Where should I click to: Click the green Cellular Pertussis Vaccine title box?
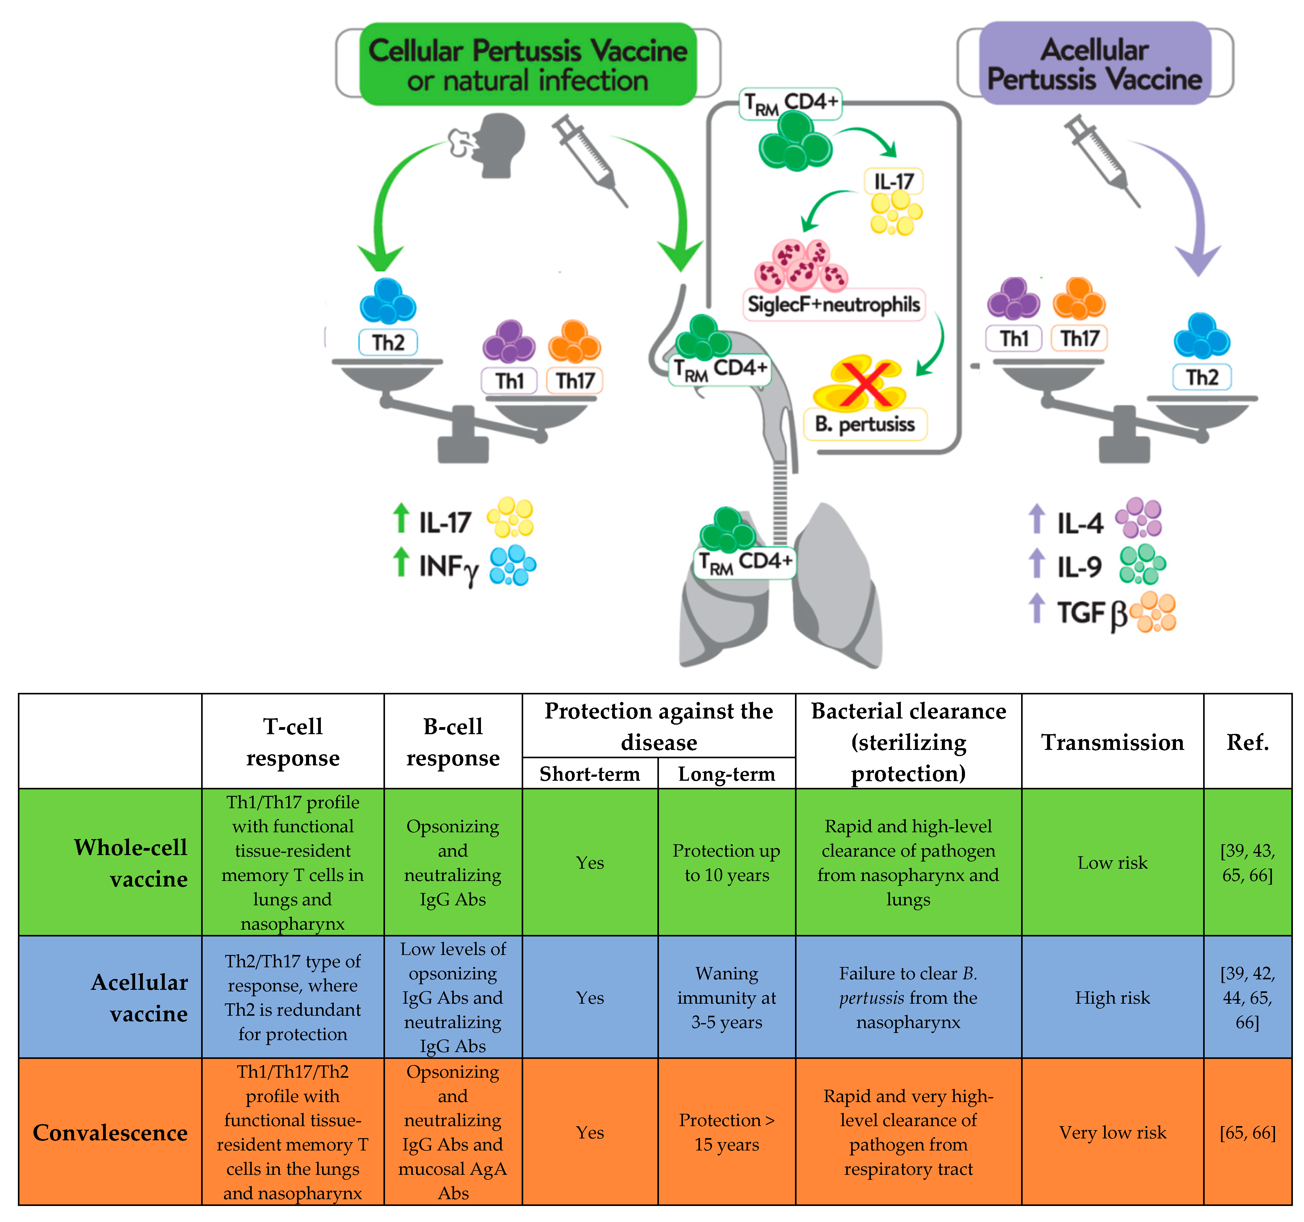[x=528, y=64]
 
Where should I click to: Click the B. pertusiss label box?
[x=864, y=424]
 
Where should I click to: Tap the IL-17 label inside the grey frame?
[x=893, y=181]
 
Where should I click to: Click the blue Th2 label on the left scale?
[x=388, y=342]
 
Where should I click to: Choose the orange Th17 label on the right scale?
[x=1079, y=338]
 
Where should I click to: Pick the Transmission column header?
[x=1112, y=742]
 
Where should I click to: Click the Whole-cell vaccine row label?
[x=131, y=863]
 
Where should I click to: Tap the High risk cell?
[x=1112, y=998]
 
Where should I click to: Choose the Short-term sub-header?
[x=590, y=774]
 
